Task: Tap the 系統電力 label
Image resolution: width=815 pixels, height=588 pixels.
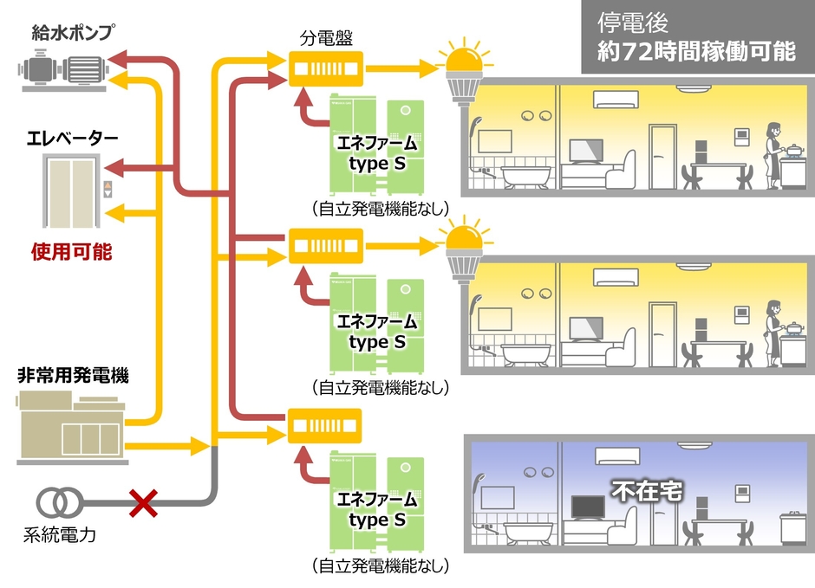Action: [x=58, y=534]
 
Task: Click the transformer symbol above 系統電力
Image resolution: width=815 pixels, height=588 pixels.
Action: [x=58, y=502]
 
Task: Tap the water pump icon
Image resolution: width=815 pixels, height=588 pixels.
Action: [x=62, y=70]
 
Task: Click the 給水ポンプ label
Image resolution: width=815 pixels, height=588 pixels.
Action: [x=72, y=33]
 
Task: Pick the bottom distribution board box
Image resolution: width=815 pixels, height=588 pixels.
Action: [x=325, y=424]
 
